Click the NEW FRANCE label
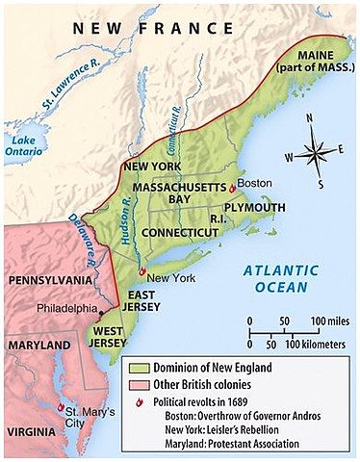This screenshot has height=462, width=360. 135,30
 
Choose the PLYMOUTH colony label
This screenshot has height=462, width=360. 254,207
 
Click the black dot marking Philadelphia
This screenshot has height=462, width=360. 100,309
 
